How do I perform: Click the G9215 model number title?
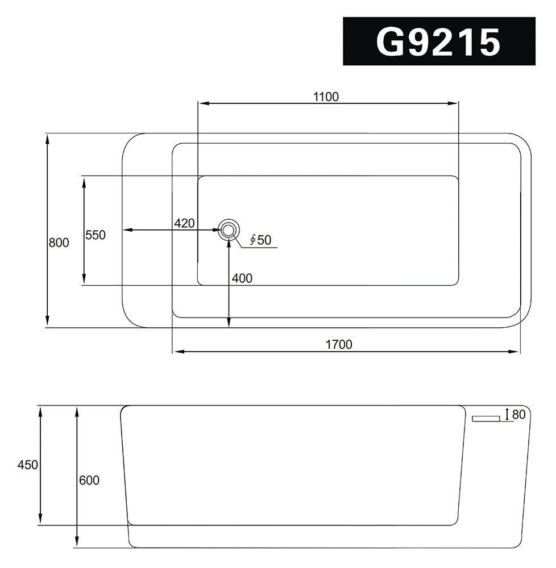coord(438,42)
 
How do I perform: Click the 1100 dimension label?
coord(326,97)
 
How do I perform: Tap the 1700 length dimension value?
coord(339,344)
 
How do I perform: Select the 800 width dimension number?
coord(59,243)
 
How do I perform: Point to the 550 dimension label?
coord(96,235)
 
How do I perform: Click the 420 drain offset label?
coord(185,223)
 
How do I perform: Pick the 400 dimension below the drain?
coord(242,278)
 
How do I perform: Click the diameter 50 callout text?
coord(260,240)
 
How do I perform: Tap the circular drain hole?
coord(229,229)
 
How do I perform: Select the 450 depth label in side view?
coord(27,465)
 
